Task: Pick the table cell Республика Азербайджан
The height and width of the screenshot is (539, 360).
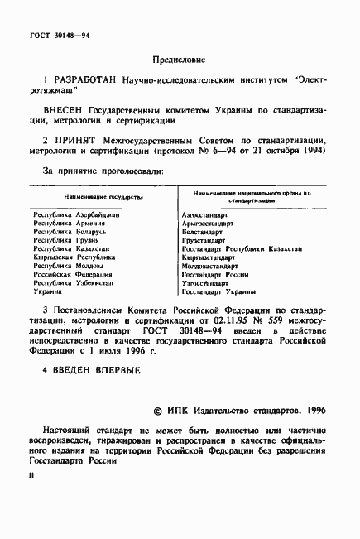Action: pyautogui.click(x=76, y=214)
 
